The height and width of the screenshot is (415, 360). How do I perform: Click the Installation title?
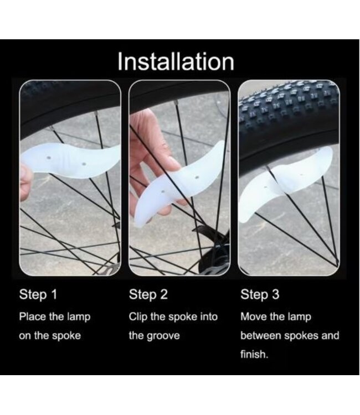coord(176,61)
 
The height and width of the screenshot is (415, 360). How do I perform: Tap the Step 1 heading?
coord(38,294)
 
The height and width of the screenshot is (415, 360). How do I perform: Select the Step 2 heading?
coord(148,294)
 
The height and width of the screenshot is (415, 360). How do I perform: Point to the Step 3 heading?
coord(260,294)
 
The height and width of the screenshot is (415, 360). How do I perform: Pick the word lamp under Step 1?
coord(79,317)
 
